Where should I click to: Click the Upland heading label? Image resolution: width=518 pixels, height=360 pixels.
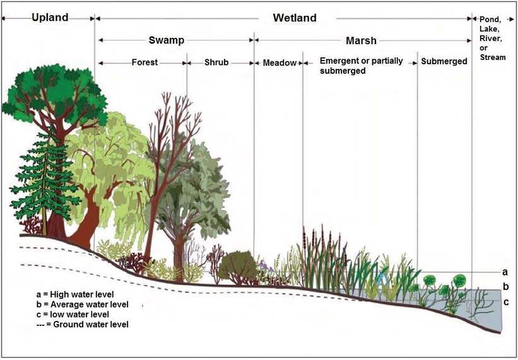click(49, 18)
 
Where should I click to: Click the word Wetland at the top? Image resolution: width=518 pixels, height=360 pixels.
click(294, 18)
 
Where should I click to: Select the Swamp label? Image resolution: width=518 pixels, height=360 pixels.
click(167, 40)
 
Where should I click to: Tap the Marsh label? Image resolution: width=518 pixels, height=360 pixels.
click(361, 40)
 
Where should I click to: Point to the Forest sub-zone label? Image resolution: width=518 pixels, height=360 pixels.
click(144, 62)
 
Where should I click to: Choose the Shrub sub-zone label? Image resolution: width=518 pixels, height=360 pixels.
click(217, 62)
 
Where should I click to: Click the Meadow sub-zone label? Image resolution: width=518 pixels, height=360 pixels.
click(280, 62)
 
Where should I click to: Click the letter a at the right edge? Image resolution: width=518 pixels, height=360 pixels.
click(504, 272)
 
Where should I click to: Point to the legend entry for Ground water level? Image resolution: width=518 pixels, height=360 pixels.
click(83, 324)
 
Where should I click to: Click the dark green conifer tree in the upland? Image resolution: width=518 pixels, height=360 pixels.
click(43, 177)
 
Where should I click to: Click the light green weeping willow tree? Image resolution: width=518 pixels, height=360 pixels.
click(110, 170)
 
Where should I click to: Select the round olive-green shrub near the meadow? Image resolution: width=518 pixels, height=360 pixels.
click(238, 266)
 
